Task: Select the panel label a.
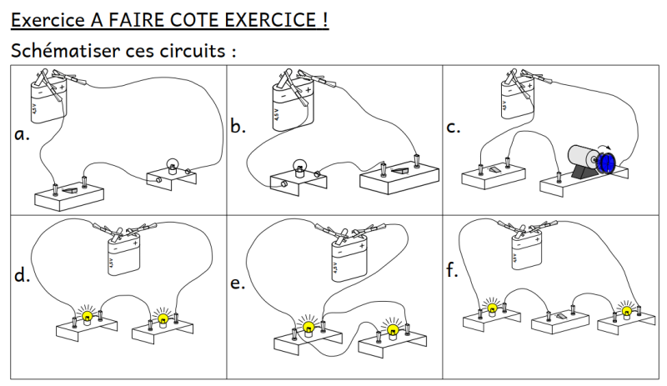[x=23, y=133]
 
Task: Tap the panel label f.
[x=453, y=271]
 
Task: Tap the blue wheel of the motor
[x=608, y=162]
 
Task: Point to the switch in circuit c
[x=495, y=168]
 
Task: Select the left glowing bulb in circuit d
[x=86, y=317]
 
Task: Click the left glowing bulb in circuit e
[x=308, y=326]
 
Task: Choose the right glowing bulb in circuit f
[x=626, y=310]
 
